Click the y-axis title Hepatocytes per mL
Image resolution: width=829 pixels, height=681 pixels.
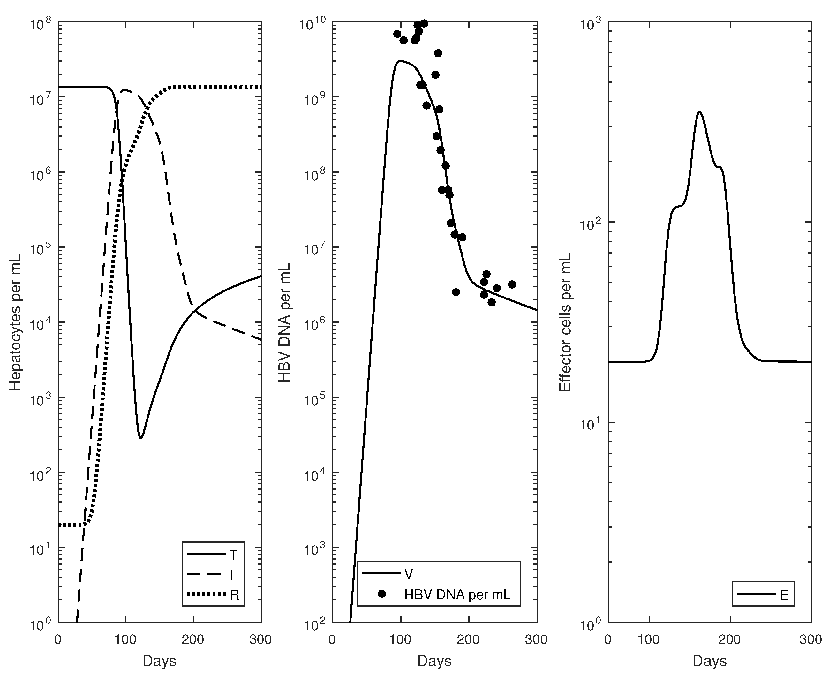[15, 322]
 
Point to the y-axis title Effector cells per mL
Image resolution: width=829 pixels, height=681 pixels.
[565, 322]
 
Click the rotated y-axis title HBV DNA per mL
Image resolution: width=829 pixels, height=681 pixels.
[284, 322]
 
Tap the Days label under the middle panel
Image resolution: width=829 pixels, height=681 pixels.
[434, 661]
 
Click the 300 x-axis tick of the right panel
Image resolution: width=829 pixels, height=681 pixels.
[810, 640]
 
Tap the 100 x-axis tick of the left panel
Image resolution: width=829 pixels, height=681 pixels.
[125, 640]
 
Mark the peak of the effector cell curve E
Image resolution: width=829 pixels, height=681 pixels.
[699, 112]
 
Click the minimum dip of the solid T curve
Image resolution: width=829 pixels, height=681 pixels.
[141, 438]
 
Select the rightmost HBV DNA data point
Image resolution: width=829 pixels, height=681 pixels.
[512, 284]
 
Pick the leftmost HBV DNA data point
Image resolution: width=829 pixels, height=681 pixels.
[397, 34]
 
